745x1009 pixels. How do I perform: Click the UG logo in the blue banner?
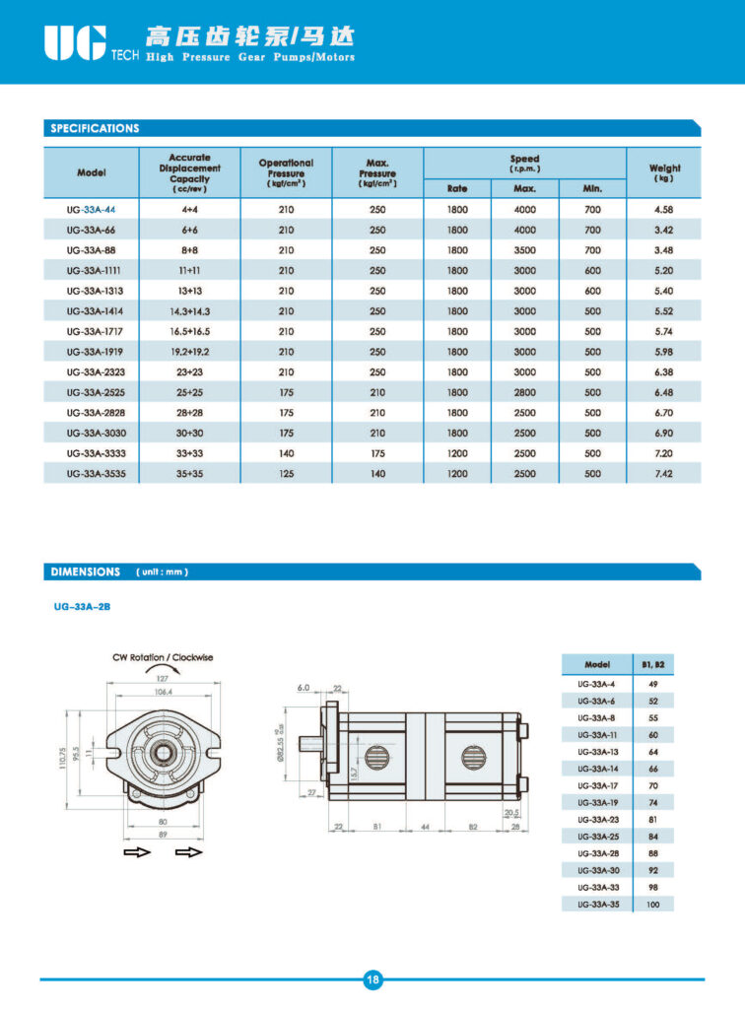pos(74,41)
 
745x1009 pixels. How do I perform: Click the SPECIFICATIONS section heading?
pos(95,128)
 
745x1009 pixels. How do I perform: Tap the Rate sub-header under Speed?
pos(457,187)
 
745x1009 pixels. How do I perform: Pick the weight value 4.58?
pos(663,210)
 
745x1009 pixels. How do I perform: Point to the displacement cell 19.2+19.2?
pos(189,352)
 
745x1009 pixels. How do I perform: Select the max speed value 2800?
pos(524,392)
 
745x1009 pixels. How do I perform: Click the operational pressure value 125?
pos(286,474)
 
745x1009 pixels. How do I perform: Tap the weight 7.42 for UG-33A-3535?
pos(663,474)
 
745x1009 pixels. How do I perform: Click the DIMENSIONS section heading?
pos(86,572)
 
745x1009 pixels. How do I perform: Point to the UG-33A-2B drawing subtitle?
pos(82,607)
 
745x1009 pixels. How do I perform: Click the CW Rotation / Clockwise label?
pos(164,657)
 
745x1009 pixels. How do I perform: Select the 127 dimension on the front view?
pos(163,678)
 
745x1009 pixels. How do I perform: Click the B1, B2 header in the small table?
pos(653,665)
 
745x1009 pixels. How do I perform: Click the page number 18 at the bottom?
pos(372,979)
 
